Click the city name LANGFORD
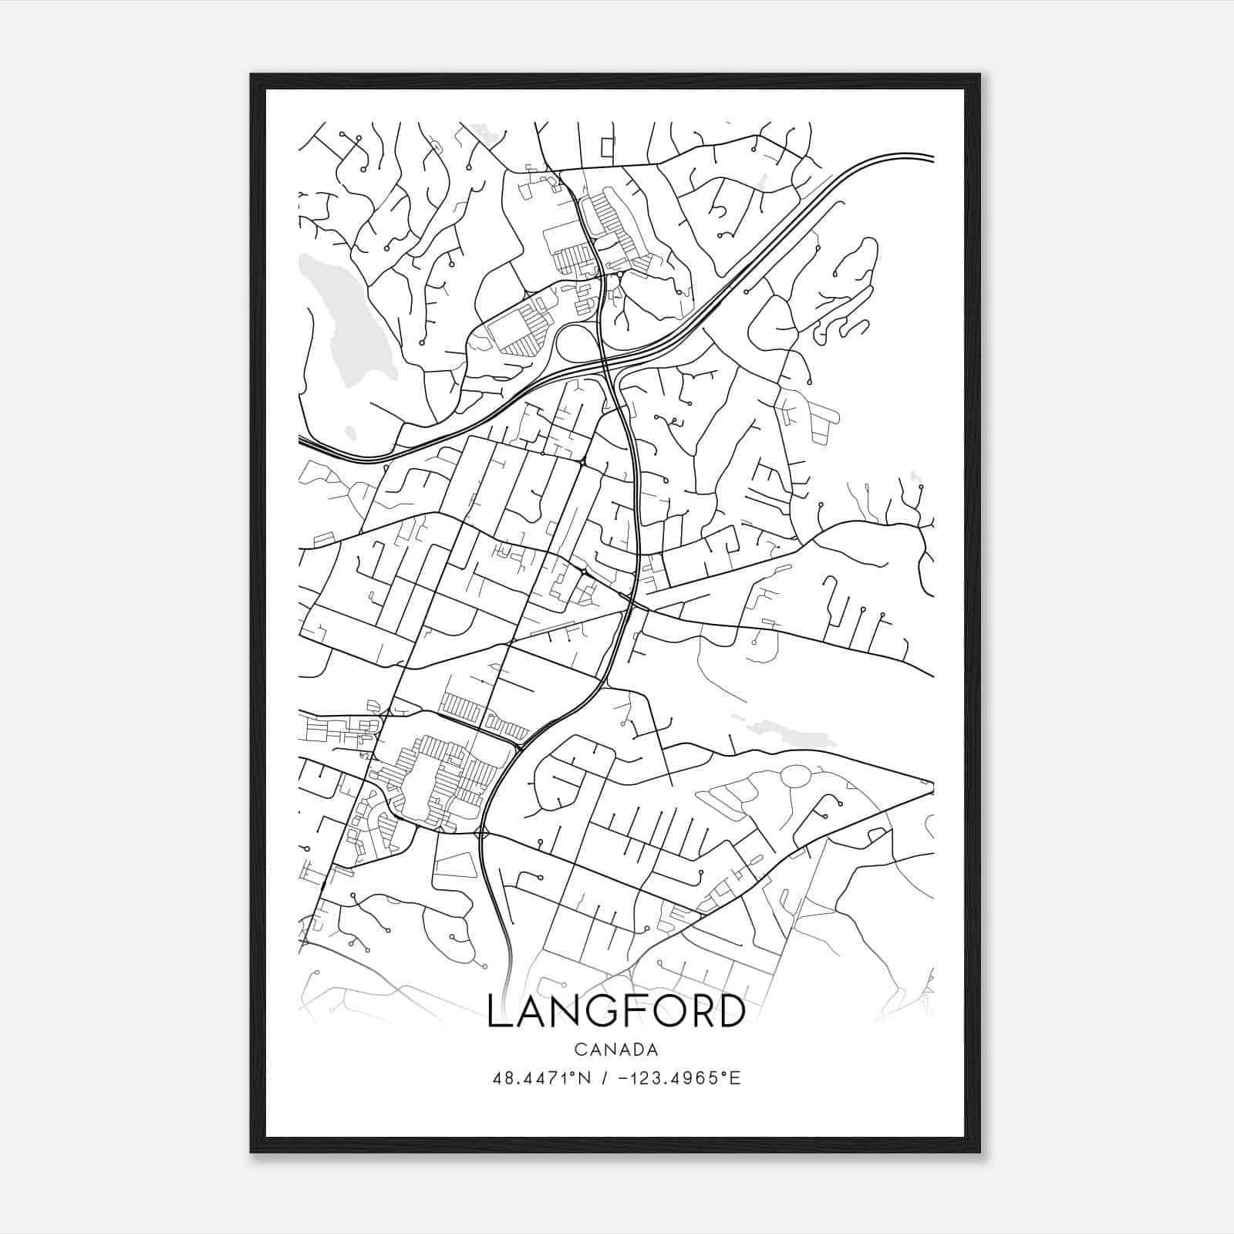pos(616,1011)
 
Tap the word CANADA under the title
pos(615,1050)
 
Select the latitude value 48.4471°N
pos(541,1078)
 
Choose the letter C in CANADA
pos(578,1050)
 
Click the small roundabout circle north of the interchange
pos(620,274)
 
